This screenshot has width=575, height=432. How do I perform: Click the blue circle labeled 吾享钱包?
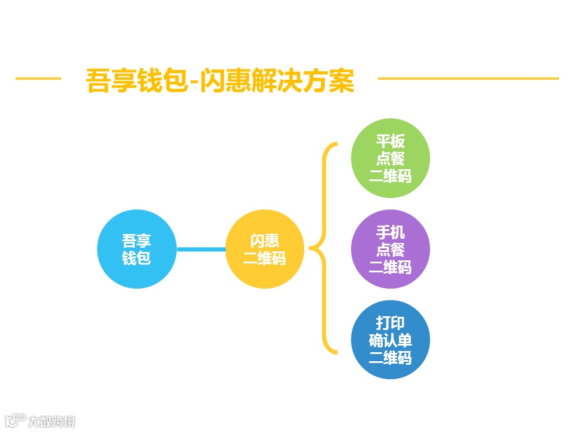(x=137, y=249)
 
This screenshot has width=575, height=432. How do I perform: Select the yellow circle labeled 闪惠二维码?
(x=265, y=249)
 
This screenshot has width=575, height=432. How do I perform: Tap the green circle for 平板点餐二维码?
(x=390, y=158)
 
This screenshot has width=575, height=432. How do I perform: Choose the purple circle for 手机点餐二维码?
(x=390, y=249)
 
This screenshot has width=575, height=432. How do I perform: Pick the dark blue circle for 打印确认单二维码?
(x=390, y=340)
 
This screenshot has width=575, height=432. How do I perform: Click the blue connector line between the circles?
(x=201, y=249)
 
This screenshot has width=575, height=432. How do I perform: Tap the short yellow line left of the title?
(x=38, y=78)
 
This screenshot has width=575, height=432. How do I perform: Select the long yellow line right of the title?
(x=468, y=78)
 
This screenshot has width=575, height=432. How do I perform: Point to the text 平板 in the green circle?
(x=390, y=142)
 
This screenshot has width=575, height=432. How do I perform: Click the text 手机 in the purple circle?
(x=390, y=232)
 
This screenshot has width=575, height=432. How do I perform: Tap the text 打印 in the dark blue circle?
(x=390, y=323)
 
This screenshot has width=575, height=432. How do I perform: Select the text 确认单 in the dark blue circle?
(x=390, y=340)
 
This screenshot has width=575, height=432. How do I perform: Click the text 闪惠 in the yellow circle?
(x=265, y=241)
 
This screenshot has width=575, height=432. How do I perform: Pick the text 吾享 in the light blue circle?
(x=137, y=241)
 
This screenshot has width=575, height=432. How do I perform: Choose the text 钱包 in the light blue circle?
(x=137, y=259)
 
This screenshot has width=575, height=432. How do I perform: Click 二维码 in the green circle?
(x=390, y=176)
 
